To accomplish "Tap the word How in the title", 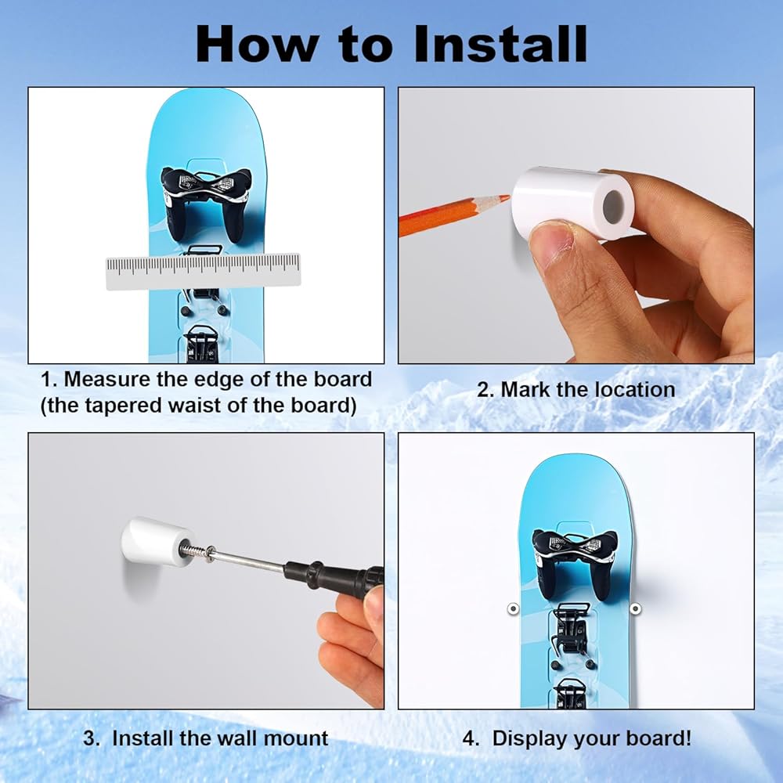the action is [258, 44].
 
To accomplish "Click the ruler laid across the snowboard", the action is [204, 271].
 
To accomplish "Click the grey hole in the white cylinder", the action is [614, 205].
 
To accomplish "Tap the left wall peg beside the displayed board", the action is [513, 608].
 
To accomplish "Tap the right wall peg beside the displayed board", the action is [635, 608].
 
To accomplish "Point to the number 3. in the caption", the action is [92, 738].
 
